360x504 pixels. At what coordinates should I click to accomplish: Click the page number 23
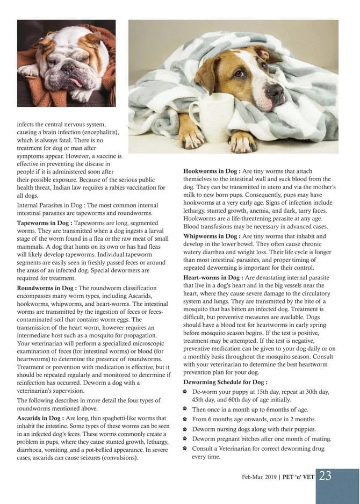[x=325, y=476]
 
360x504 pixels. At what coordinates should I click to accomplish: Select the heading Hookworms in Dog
[x=212, y=171]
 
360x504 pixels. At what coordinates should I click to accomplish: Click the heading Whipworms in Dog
[x=211, y=236]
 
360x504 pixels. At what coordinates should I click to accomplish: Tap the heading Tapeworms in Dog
[x=45, y=222]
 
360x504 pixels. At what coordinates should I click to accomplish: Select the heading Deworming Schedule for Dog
[x=225, y=382]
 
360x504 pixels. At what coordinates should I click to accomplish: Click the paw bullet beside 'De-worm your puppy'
[x=186, y=392]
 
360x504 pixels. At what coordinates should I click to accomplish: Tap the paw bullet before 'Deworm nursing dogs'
[x=186, y=429]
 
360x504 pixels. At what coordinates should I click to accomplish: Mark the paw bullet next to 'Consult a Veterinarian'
[x=186, y=448]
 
